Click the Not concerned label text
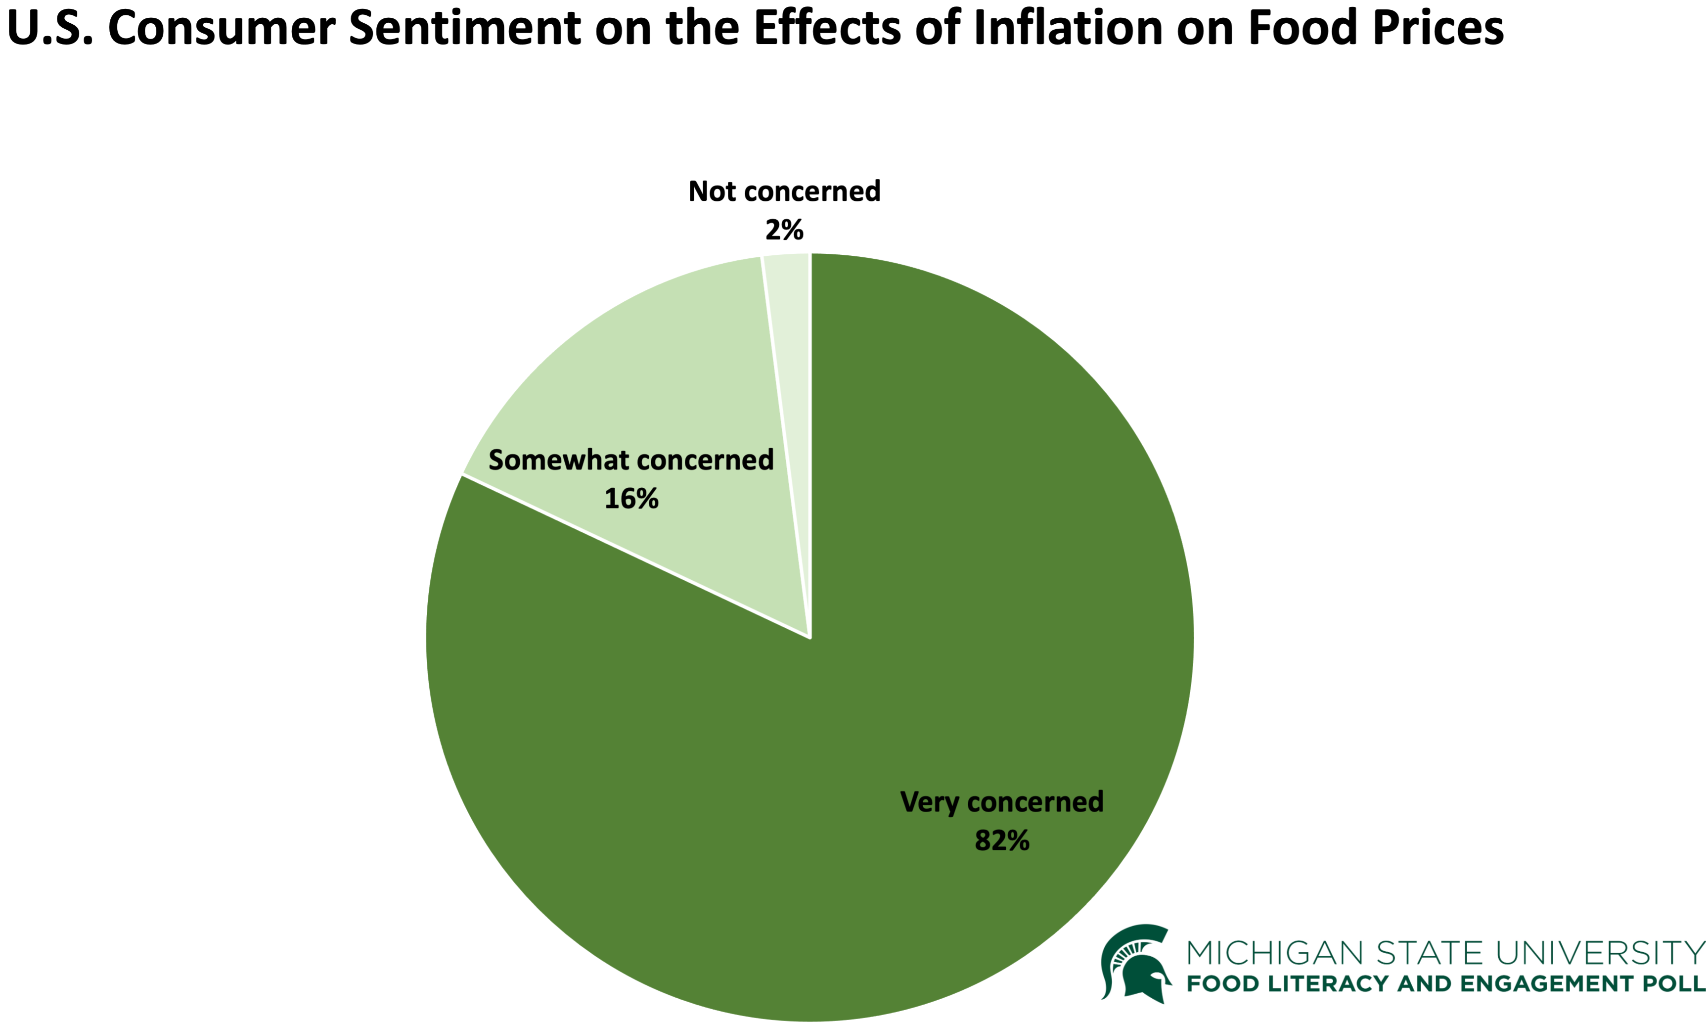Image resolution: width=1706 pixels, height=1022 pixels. coord(784,191)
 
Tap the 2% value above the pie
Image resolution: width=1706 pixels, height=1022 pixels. coord(784,230)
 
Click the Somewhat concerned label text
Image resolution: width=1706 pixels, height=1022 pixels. coord(630,460)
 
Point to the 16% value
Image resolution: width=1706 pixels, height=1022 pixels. coord(630,499)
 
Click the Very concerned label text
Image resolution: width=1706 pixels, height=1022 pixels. coord(1002,802)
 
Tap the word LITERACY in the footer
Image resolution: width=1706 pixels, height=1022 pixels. coord(1329,983)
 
